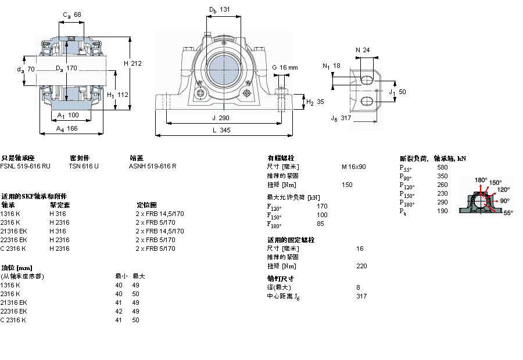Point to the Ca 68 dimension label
[72, 15]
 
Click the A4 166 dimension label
[67, 129]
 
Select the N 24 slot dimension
[363, 50]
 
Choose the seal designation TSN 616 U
[84, 166]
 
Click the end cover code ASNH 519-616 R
[152, 166]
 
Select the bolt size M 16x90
[353, 167]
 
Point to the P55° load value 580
[442, 167]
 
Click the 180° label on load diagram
[481, 180]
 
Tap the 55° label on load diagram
[507, 213]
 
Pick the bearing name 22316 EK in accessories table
[13, 240]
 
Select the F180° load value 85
[320, 224]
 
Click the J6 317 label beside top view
[341, 118]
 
